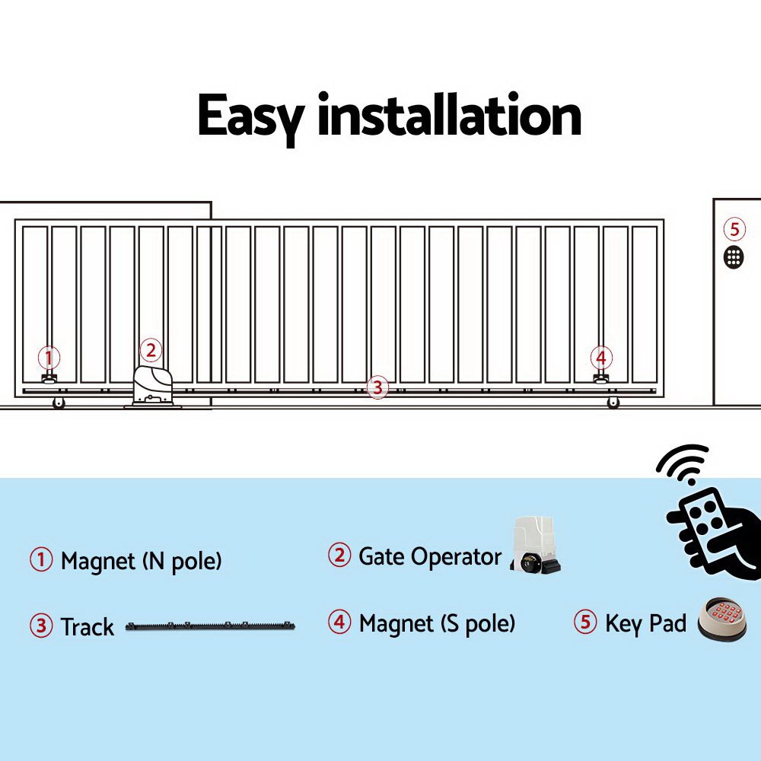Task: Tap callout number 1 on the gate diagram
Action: [x=49, y=357]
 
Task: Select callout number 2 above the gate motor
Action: [x=151, y=350]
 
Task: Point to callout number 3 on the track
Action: [x=377, y=387]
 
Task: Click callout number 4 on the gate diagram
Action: [x=601, y=357]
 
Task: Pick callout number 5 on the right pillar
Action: [x=734, y=229]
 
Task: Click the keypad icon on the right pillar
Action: [x=734, y=256]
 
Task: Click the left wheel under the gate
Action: [x=59, y=403]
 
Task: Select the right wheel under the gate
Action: [x=613, y=403]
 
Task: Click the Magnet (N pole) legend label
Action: [x=141, y=562]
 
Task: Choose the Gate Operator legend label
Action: [x=429, y=556]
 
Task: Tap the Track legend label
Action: [x=88, y=627]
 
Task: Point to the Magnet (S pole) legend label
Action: [x=437, y=624]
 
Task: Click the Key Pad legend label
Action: [x=645, y=623]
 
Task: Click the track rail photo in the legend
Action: [x=210, y=627]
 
